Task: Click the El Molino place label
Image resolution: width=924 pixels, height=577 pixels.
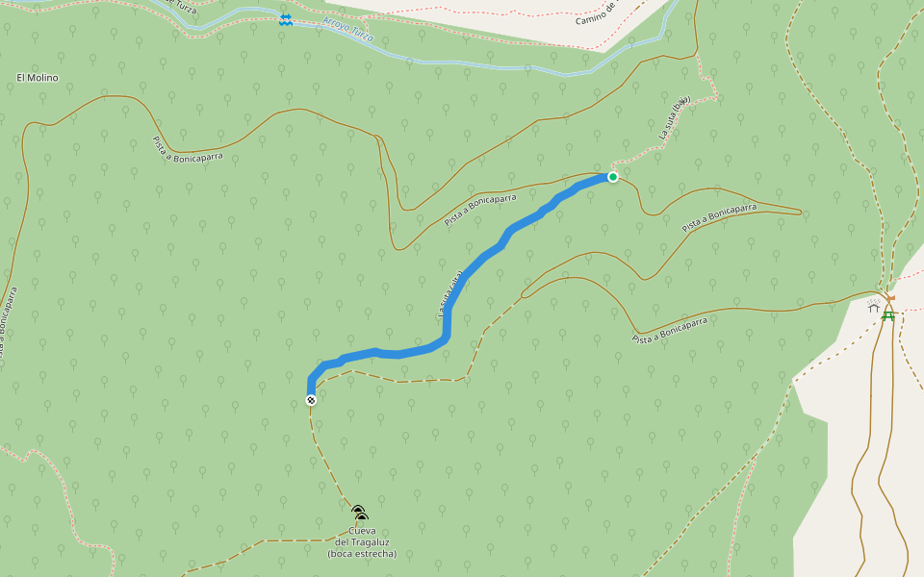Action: click(x=38, y=78)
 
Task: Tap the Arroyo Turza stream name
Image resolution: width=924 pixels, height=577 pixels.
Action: click(x=348, y=31)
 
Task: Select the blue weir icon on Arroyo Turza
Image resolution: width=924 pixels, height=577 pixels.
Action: click(x=285, y=19)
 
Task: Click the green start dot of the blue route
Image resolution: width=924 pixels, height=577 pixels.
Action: click(x=612, y=177)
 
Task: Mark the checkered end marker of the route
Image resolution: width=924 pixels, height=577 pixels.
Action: click(x=311, y=400)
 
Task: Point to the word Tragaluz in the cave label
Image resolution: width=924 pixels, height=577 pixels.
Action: click(x=361, y=542)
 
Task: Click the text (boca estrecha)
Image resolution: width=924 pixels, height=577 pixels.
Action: click(x=361, y=554)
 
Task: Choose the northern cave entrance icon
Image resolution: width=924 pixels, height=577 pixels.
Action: click(x=357, y=511)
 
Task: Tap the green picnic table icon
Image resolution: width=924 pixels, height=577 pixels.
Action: click(x=887, y=315)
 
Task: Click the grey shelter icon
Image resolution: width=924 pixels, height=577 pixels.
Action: click(x=873, y=306)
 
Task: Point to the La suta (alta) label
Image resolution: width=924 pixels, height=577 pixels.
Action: click(x=450, y=294)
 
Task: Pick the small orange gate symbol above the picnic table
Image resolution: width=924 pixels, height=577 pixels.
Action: click(x=890, y=298)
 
